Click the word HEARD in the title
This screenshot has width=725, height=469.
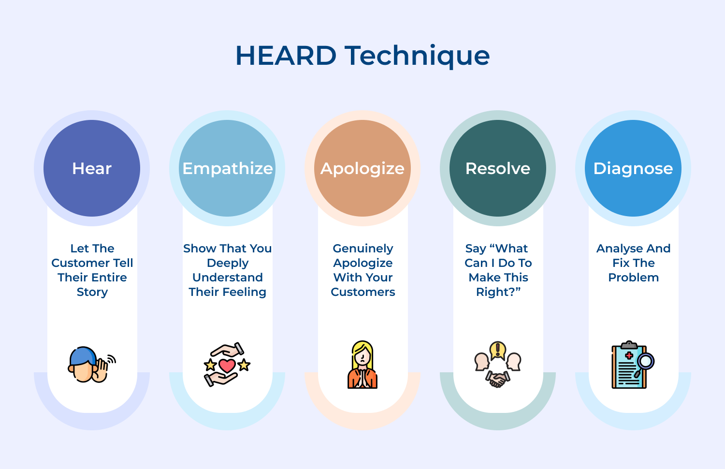tap(286, 56)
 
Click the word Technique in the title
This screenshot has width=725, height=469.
tap(417, 57)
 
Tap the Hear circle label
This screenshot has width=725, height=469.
tap(92, 168)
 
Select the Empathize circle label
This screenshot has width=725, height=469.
tap(228, 169)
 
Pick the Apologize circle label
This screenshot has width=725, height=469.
tap(362, 169)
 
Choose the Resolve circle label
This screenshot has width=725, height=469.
tap(498, 168)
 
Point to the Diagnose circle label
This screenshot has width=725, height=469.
tap(633, 169)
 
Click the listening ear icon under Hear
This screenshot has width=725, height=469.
tap(92, 365)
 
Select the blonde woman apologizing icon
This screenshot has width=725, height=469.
tap(362, 365)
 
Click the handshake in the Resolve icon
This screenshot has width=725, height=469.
tap(497, 379)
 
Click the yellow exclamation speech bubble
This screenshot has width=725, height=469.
tap(498, 350)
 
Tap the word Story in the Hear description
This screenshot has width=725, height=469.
tap(92, 293)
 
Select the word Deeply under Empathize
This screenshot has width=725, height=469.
tap(228, 264)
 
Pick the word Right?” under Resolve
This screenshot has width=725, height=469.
tap(498, 292)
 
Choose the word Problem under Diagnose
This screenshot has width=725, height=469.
tap(633, 278)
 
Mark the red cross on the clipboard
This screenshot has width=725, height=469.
tap(629, 355)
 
